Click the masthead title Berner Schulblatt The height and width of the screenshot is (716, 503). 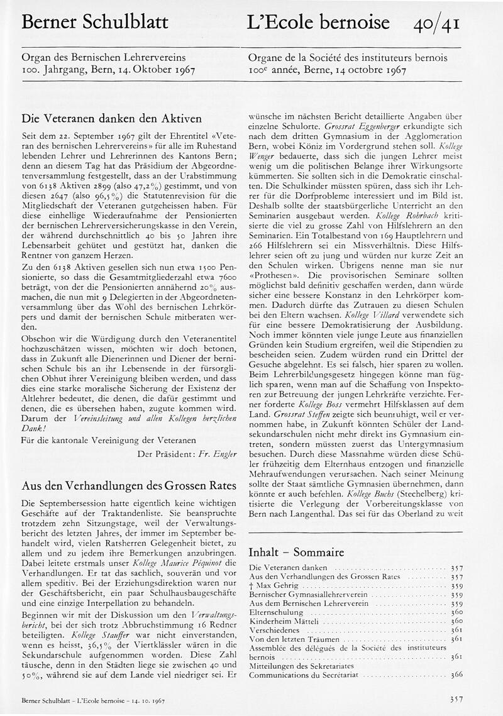(x=95, y=23)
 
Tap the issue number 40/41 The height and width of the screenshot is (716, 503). (x=437, y=24)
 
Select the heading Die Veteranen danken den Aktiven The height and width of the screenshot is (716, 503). (x=111, y=118)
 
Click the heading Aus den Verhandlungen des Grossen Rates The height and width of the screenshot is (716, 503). (x=128, y=486)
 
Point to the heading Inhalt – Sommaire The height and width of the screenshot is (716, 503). (x=296, y=553)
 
